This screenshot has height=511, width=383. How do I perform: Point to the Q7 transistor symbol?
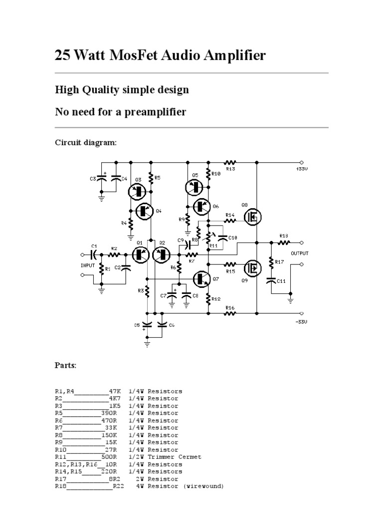point(202,278)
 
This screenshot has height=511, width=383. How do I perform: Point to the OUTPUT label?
point(300,254)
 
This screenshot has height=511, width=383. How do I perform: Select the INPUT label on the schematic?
point(87,265)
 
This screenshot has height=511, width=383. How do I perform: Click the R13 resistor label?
point(230,169)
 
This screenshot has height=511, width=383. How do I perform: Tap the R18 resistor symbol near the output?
point(283,243)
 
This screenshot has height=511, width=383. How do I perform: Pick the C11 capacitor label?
point(281,281)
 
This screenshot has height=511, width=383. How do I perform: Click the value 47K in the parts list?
point(114,391)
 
